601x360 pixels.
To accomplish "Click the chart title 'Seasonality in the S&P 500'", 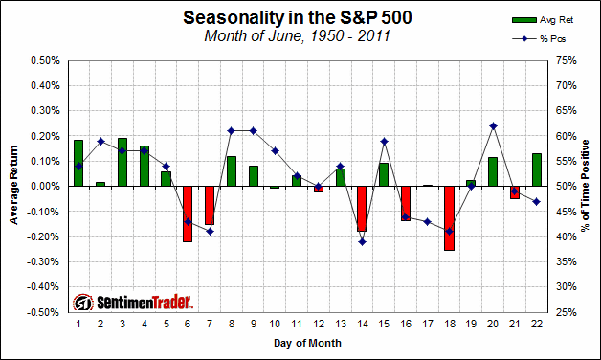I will (291, 18).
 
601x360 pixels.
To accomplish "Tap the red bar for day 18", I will (449, 218).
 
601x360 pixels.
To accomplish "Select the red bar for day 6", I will (188, 214).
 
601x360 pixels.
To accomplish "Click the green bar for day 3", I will (122, 162).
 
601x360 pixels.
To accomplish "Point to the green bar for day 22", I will (537, 169).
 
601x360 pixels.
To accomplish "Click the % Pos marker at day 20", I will (493, 125).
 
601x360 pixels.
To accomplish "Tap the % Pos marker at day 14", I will (362, 241).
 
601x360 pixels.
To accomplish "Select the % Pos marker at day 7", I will (210, 231).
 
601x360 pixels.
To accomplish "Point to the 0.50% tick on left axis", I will (45, 60).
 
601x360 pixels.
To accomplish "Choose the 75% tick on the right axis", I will (563, 60).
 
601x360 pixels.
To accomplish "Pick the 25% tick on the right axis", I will (563, 312).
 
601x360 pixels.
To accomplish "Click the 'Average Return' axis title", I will (14, 187).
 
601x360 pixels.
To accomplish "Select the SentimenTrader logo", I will (134, 302).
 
